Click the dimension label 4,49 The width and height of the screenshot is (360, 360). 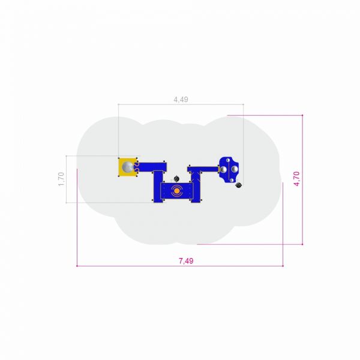[181, 100]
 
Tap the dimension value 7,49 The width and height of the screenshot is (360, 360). [186, 261]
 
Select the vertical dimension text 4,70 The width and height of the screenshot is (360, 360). [296, 179]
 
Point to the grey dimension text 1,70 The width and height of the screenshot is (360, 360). [61, 179]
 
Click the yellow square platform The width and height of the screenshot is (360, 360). [127, 167]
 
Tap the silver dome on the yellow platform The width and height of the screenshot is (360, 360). [128, 167]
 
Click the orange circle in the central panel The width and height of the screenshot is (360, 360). [176, 191]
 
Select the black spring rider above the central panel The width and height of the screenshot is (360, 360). [176, 179]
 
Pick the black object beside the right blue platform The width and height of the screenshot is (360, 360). [239, 185]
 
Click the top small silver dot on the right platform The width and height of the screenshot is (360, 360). [228, 160]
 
